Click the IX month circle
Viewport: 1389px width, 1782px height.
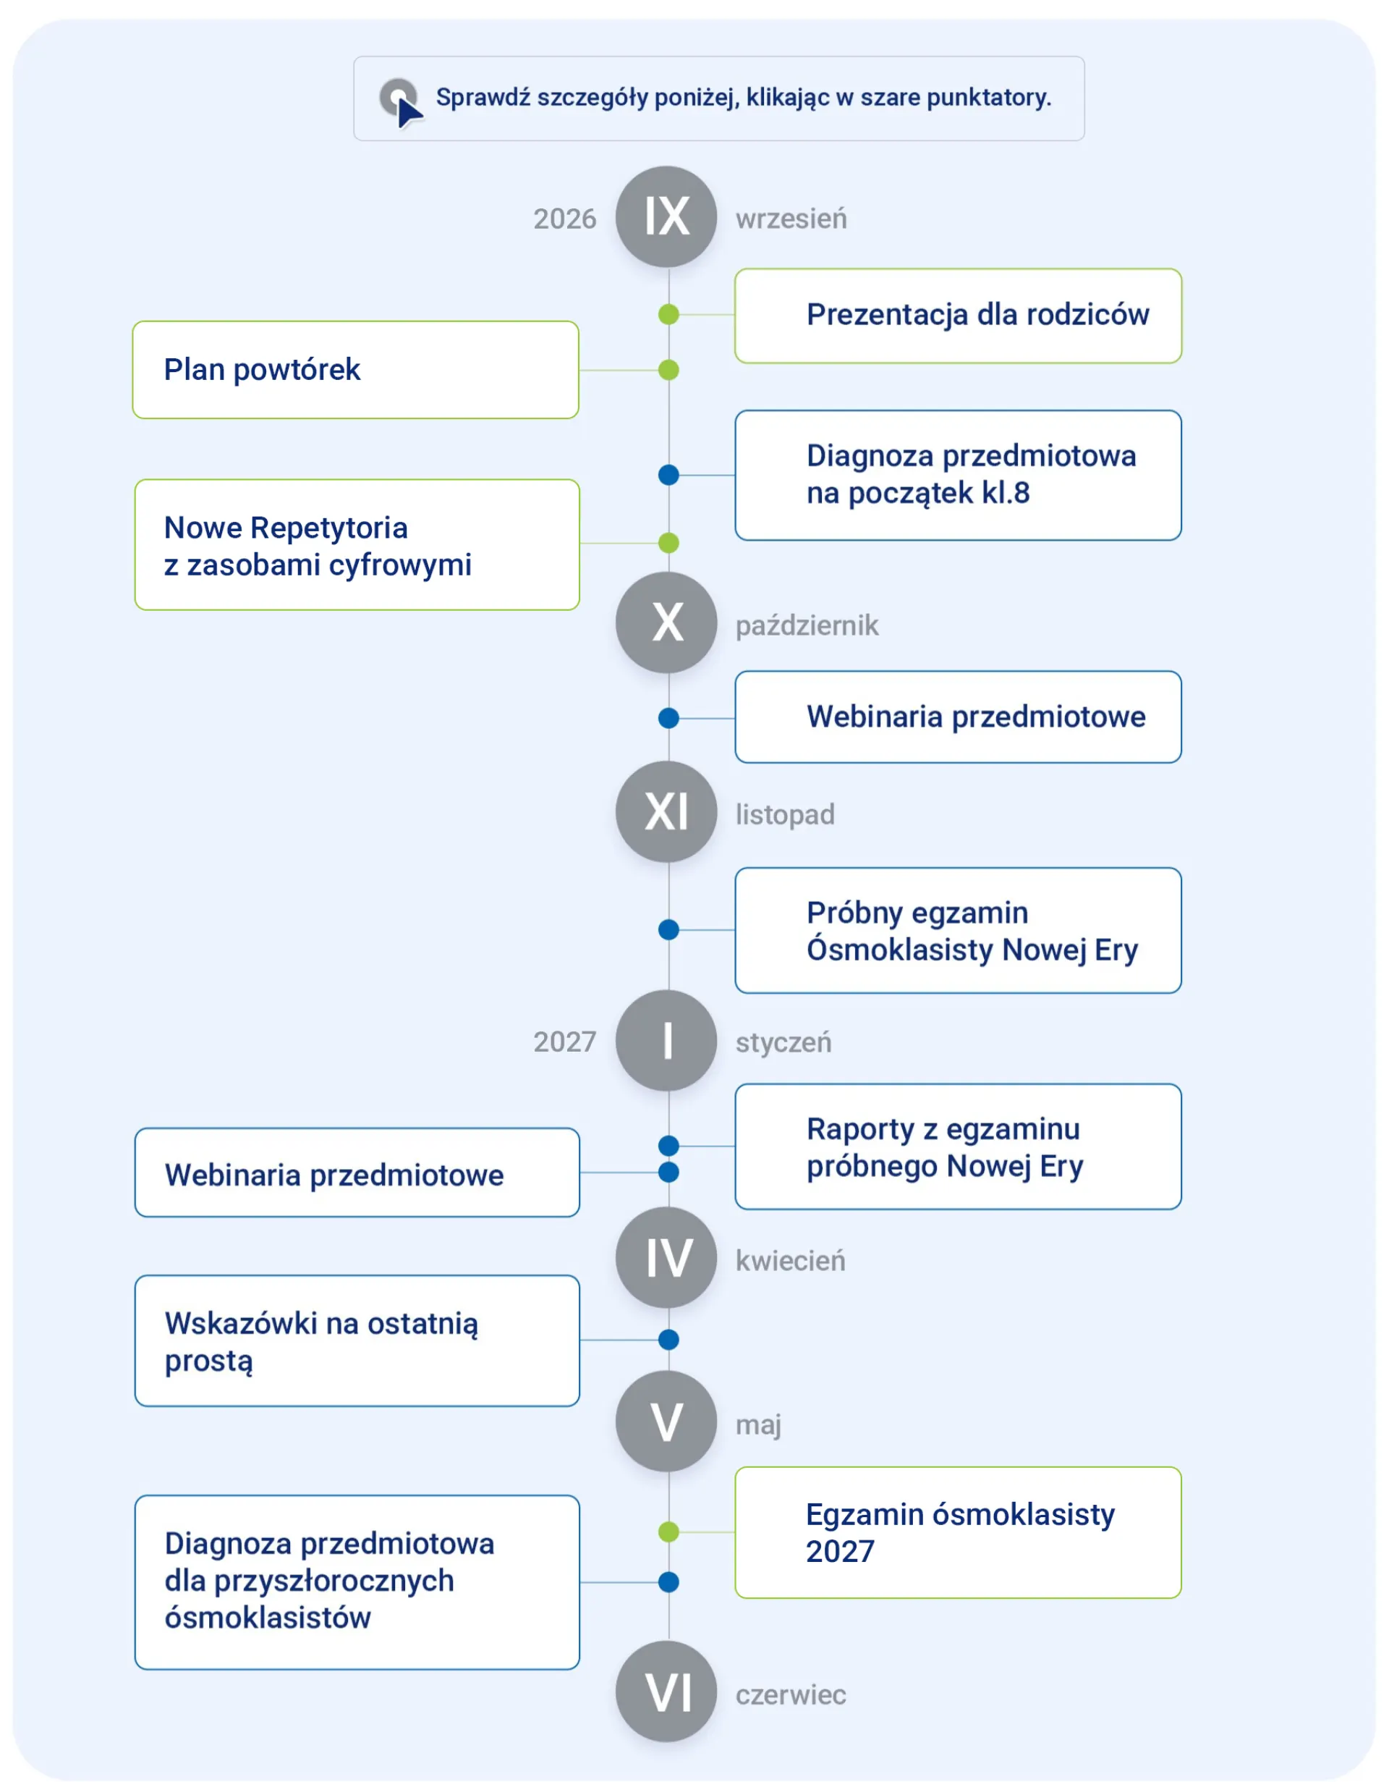(666, 217)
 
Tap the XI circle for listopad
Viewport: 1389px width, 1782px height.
(666, 812)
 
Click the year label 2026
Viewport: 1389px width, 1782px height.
(564, 219)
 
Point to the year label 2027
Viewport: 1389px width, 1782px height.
(564, 1042)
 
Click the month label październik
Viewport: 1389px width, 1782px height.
(807, 626)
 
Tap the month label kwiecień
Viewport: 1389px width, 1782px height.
(790, 1262)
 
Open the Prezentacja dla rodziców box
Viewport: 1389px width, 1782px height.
(959, 316)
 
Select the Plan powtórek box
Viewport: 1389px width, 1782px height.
(356, 370)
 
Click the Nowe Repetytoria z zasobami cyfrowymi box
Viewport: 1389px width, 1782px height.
(357, 544)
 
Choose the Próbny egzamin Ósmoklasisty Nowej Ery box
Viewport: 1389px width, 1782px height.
(959, 930)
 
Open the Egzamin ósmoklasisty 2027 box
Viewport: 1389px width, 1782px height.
(959, 1532)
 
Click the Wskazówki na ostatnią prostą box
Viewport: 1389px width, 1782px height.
(357, 1340)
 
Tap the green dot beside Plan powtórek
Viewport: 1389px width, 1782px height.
(668, 371)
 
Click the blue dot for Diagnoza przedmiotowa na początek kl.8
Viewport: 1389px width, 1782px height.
(668, 475)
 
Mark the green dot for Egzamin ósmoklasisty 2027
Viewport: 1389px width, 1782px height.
(668, 1532)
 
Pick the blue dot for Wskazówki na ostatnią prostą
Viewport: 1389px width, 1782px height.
(668, 1340)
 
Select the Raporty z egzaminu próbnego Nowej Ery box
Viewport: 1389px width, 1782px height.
(959, 1147)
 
